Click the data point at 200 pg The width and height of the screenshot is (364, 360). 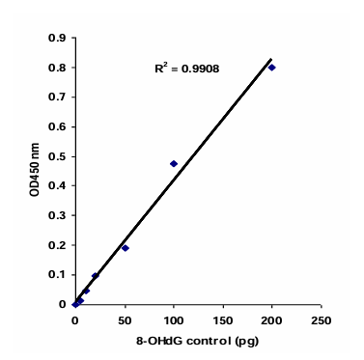click(x=271, y=68)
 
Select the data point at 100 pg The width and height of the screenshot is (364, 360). click(x=174, y=164)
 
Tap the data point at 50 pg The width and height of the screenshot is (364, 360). click(x=125, y=248)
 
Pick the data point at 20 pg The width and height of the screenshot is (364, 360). click(x=95, y=276)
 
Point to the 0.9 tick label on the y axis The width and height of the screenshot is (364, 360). click(x=58, y=38)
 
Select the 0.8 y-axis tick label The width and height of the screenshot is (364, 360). click(x=58, y=68)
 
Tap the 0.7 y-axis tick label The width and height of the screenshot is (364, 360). click(x=58, y=97)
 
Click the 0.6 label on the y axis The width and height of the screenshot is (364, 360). click(x=58, y=126)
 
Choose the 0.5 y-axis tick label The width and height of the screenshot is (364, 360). click(x=58, y=156)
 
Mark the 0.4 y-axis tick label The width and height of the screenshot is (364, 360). click(x=58, y=186)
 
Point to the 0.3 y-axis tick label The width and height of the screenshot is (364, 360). click(x=58, y=215)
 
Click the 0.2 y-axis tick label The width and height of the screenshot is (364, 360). click(x=58, y=245)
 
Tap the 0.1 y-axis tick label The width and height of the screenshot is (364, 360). click(x=58, y=275)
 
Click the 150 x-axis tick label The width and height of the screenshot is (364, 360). click(x=222, y=318)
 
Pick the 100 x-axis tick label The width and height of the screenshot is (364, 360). click(x=174, y=318)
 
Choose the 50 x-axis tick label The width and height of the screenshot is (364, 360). click(x=125, y=318)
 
